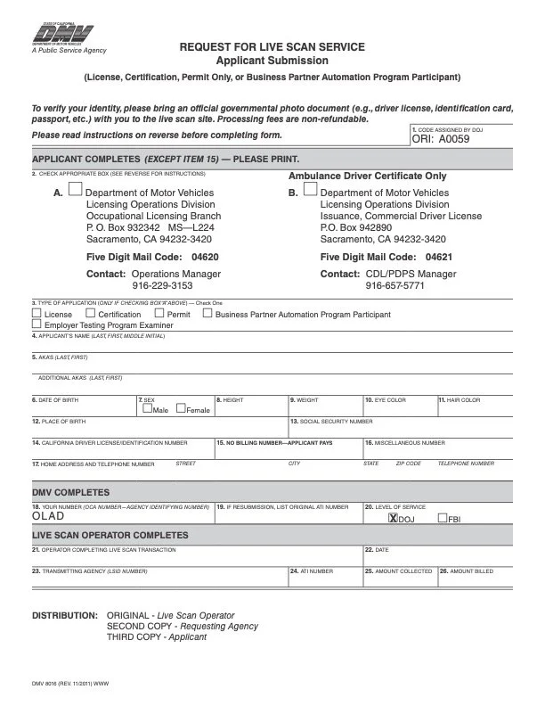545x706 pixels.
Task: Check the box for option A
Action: [x=76, y=189]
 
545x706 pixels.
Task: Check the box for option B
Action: [x=310, y=189]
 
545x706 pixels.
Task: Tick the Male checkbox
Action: [x=146, y=409]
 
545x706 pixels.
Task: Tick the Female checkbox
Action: [x=181, y=409]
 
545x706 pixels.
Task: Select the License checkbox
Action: [x=37, y=314]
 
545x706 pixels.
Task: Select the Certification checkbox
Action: [x=90, y=314]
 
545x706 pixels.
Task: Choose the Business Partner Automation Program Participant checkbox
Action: [x=207, y=314]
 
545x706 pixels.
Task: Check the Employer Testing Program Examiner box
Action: [x=37, y=325]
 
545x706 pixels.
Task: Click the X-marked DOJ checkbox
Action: [x=392, y=517]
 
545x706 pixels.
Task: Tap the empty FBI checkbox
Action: [x=441, y=517]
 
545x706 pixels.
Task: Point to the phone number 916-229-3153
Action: [x=162, y=286]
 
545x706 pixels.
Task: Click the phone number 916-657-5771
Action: [x=395, y=286]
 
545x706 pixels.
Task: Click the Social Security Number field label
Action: [x=331, y=421]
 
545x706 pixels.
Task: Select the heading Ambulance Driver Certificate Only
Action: [x=368, y=176]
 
